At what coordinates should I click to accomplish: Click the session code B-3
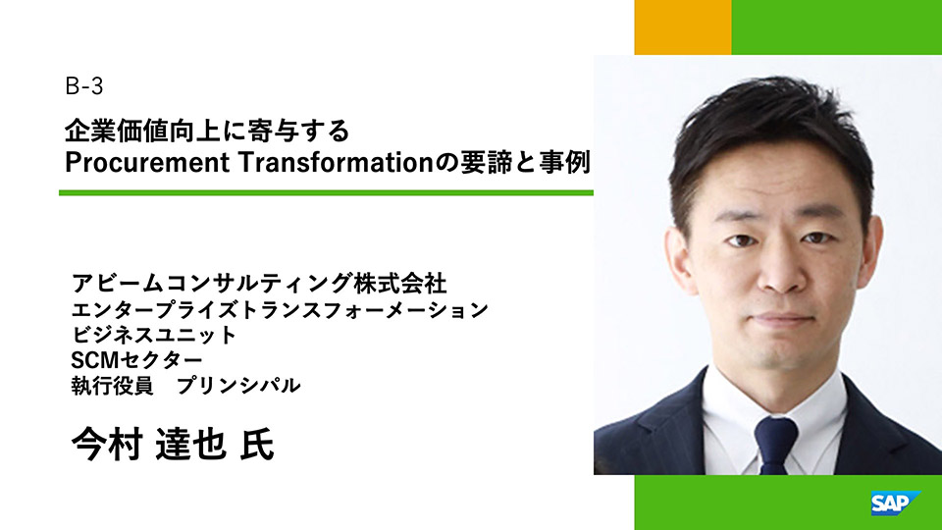coord(84,87)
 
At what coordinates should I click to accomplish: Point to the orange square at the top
coord(683,27)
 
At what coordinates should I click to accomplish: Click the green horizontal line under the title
coord(326,193)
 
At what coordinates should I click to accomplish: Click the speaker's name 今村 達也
coord(149,445)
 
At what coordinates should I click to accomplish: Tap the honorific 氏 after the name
coord(257,445)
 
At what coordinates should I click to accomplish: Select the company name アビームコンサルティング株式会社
coord(259,283)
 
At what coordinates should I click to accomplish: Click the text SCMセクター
coord(137,360)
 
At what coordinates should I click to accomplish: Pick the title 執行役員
coord(112,385)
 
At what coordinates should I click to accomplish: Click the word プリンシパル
coord(238,385)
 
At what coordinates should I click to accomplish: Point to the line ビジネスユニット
coord(154,335)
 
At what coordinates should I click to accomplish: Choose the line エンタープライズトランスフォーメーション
coord(280,309)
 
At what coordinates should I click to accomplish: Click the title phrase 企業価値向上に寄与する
coord(207,131)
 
